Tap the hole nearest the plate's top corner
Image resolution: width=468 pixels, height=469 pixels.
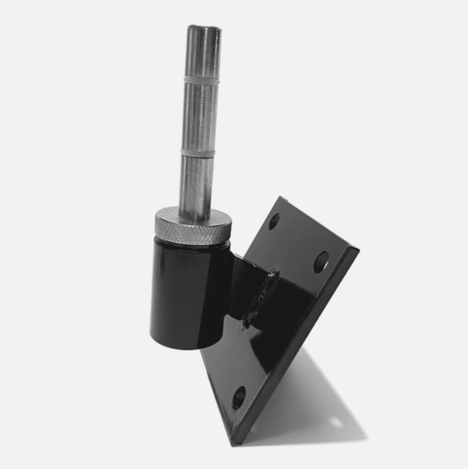(275, 221)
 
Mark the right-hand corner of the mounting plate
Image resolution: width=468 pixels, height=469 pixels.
(357, 250)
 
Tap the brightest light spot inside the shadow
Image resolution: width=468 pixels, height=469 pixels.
(335, 422)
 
